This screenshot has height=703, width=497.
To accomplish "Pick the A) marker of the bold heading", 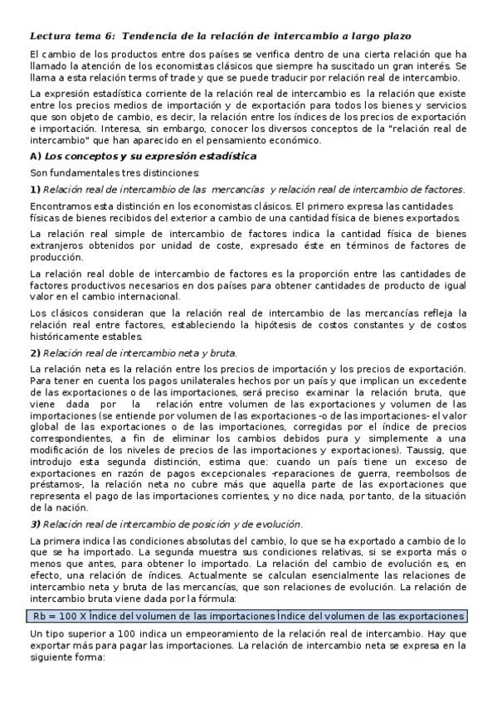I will [x=35, y=156].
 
